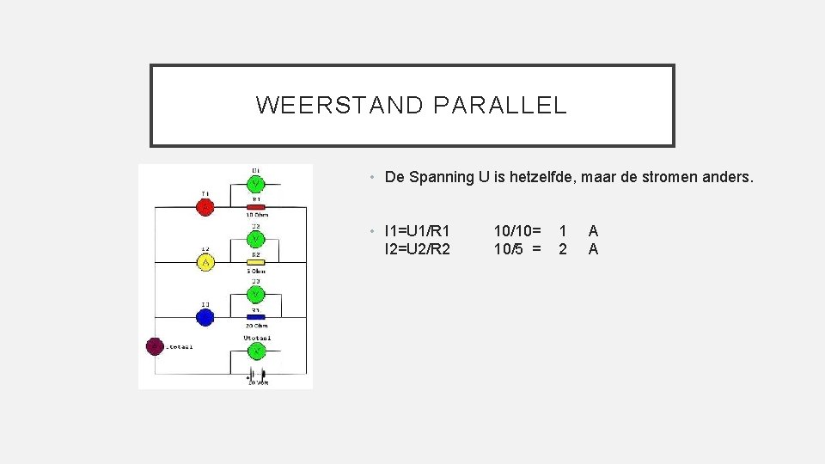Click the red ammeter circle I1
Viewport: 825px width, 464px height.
[x=205, y=207]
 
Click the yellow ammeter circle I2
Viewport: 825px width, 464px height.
[x=205, y=262]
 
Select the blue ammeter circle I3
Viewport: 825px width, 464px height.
[x=205, y=317]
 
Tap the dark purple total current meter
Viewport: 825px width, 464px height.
[x=155, y=346]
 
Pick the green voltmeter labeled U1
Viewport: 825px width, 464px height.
[x=256, y=184]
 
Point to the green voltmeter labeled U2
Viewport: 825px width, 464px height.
[x=256, y=239]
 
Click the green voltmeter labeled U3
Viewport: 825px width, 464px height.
[x=256, y=294]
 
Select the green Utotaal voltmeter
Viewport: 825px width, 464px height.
[x=256, y=350]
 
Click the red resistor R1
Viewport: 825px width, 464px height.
[x=255, y=206]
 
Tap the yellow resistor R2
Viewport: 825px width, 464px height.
[x=255, y=262]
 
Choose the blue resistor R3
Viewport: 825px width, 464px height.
[x=255, y=317]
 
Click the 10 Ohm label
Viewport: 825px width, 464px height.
[x=256, y=215]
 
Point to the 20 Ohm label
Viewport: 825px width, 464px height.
[x=256, y=326]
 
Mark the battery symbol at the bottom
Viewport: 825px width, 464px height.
[x=256, y=375]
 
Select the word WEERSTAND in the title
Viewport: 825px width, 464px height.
[x=339, y=106]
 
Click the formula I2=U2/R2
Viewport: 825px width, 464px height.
[x=418, y=249]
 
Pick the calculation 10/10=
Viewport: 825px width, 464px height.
[x=517, y=231]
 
